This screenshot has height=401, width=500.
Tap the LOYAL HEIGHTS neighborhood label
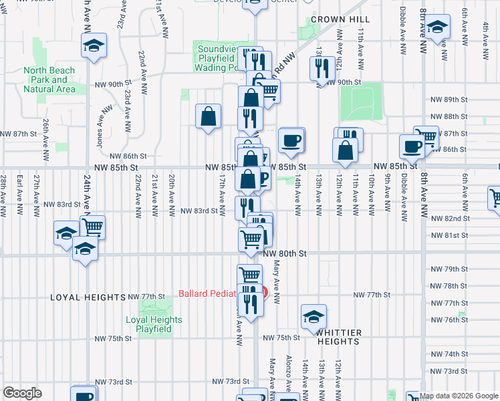click(x=88, y=297)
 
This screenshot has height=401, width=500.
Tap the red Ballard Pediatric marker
click(x=263, y=292)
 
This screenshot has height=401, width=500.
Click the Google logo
click(x=22, y=393)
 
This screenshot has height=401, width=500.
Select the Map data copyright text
click(x=459, y=396)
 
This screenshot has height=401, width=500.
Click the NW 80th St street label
click(x=285, y=254)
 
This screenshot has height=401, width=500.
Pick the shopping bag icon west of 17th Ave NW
click(x=209, y=116)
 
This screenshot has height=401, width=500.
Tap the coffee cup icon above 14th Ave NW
click(x=291, y=140)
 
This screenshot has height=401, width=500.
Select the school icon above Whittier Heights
click(x=314, y=317)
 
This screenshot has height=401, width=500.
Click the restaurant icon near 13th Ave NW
click(x=322, y=68)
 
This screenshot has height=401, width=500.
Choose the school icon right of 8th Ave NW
click(x=438, y=27)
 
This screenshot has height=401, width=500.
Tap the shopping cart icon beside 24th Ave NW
click(x=92, y=227)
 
